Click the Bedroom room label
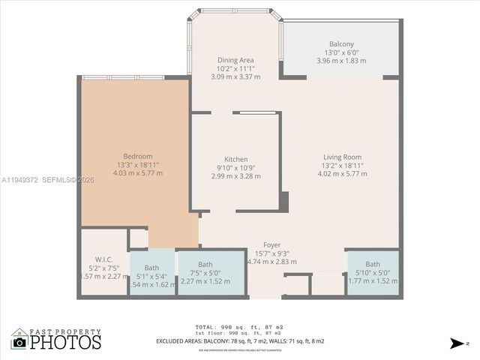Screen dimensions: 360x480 137,156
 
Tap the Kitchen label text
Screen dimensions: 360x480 235,159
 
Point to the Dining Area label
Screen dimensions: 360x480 235,60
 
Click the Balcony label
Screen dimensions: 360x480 341,44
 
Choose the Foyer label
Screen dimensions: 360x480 271,245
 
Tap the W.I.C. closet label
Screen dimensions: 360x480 103,259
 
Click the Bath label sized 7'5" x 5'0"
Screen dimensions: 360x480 205,265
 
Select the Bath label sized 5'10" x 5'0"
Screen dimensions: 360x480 373,264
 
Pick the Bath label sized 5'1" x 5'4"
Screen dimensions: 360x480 151,268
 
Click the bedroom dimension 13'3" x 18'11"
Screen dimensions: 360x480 137,165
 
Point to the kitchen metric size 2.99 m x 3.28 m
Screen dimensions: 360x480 235,176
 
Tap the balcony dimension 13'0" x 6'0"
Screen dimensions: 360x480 341,52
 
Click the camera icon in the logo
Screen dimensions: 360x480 19,343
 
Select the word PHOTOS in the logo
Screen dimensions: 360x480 65,342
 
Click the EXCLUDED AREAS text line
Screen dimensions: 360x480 240,341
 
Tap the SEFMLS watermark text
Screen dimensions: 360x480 68,180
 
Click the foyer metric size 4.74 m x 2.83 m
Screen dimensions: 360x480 271,262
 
